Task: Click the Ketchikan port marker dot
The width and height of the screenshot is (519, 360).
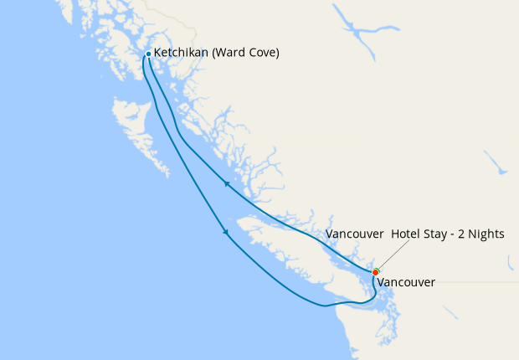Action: (148, 54)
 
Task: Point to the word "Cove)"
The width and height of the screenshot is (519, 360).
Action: (264, 53)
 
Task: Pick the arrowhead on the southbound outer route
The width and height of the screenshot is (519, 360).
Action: (226, 234)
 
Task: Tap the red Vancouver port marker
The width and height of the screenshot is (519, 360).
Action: (376, 272)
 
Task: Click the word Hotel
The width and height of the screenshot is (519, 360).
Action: (406, 234)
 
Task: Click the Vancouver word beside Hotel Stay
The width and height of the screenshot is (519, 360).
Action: (355, 234)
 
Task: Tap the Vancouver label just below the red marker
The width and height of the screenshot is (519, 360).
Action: (406, 283)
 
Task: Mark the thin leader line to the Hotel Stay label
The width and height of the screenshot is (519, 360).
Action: (393, 255)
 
